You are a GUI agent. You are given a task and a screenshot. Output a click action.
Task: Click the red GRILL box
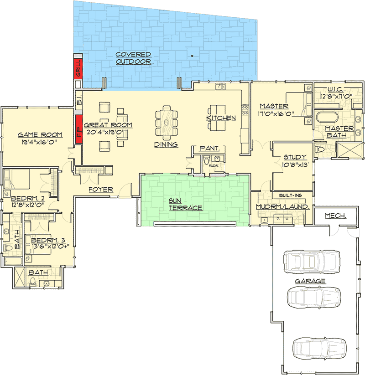coord(78,67)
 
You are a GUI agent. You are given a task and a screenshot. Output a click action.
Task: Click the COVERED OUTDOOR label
coord(133,58)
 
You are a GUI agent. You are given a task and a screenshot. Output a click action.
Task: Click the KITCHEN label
coord(221,118)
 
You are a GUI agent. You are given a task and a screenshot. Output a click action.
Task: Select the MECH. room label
coord(335,216)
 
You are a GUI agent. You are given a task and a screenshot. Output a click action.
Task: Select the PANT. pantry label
coord(210,149)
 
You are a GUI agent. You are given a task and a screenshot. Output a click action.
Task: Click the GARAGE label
coord(310,281)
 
